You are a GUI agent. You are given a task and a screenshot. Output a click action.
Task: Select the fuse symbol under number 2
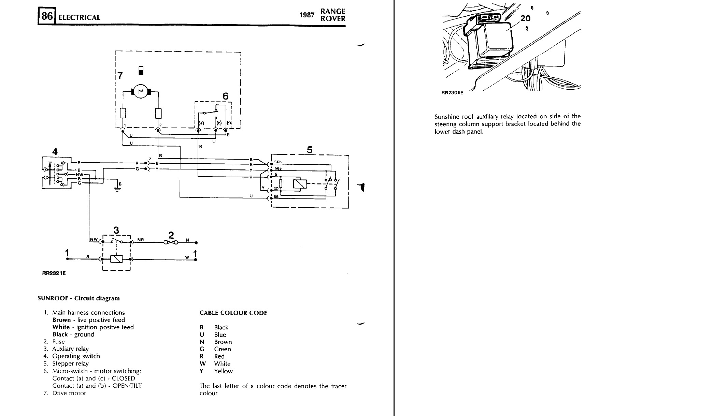pos(171,242)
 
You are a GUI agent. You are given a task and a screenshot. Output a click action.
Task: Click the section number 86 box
pos(47,16)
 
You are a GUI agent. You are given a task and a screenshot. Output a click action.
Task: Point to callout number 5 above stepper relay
pos(310,150)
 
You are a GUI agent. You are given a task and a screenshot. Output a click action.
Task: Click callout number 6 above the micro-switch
pos(225,96)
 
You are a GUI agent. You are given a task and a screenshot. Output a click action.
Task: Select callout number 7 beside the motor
pos(120,76)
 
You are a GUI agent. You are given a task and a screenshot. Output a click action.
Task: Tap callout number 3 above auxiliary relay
pos(116,231)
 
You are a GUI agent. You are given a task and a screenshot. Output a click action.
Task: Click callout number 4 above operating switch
pos(55,152)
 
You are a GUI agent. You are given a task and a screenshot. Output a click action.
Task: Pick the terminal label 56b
pos(278,162)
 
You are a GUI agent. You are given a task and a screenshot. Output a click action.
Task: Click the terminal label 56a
pos(278,168)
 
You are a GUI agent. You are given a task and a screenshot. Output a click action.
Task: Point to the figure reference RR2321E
pos(54,273)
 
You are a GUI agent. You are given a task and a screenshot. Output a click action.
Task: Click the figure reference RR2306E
pos(452,92)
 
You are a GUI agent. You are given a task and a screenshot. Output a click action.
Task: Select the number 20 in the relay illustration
pos(525,18)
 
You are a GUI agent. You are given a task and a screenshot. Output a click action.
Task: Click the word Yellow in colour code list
pos(223,371)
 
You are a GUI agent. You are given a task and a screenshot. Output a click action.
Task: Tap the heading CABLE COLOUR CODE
pos(233,313)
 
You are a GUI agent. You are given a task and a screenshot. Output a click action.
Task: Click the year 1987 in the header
pos(307,15)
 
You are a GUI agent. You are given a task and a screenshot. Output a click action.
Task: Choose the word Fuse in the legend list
pos(58,341)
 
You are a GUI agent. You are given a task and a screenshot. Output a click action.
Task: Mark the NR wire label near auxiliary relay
pos(141,240)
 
